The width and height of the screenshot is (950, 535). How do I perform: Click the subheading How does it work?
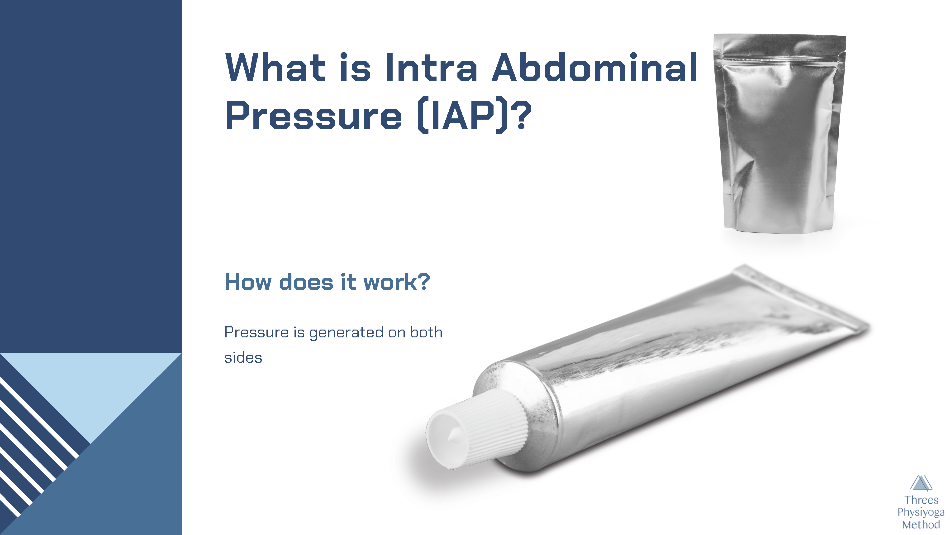pos(327,282)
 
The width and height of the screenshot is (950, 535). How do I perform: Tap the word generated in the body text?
pos(346,333)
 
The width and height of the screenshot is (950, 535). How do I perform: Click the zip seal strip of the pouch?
pos(779,59)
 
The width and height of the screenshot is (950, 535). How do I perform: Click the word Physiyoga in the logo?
pos(921,512)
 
